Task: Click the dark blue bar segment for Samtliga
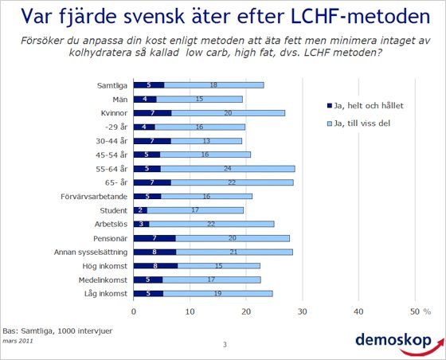(x=149, y=85)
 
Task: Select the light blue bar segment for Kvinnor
(x=228, y=113)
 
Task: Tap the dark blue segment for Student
(x=140, y=210)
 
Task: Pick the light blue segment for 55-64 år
(x=228, y=169)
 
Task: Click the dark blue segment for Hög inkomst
(x=155, y=265)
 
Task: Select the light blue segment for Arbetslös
(x=212, y=224)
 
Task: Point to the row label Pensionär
(x=111, y=238)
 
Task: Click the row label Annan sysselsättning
(x=91, y=252)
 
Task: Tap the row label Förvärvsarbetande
(x=94, y=197)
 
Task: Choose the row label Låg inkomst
(x=106, y=293)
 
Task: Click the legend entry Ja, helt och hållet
(x=366, y=106)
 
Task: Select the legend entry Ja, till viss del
(x=358, y=123)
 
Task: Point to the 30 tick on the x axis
(x=303, y=311)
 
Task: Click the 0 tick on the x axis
(x=134, y=311)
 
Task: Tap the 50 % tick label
(x=421, y=311)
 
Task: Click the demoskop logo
(x=399, y=343)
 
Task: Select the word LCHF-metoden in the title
(x=360, y=16)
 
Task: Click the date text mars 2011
(x=18, y=341)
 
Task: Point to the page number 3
(x=225, y=345)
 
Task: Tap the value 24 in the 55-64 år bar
(x=227, y=168)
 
